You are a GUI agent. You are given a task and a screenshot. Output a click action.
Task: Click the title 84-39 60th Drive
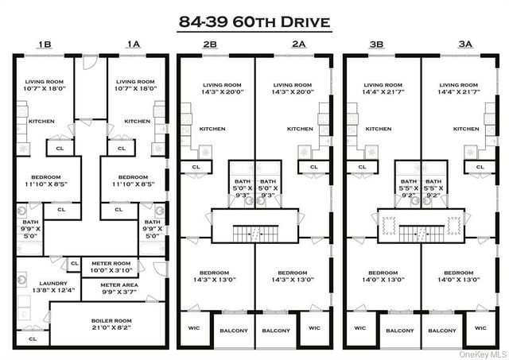pyautogui.click(x=254, y=21)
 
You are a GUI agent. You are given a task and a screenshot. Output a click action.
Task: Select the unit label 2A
pyautogui.click(x=298, y=45)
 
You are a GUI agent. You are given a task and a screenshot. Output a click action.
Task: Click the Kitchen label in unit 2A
pyautogui.click(x=299, y=129)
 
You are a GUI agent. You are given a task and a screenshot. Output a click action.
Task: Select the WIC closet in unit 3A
pyautogui.click(x=480, y=327)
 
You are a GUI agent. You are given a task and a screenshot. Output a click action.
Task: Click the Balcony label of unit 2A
pyautogui.click(x=276, y=330)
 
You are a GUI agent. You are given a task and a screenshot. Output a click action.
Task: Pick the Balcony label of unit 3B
pyautogui.click(x=400, y=330)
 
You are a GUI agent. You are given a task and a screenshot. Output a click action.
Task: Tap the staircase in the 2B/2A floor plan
pyautogui.click(x=254, y=233)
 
